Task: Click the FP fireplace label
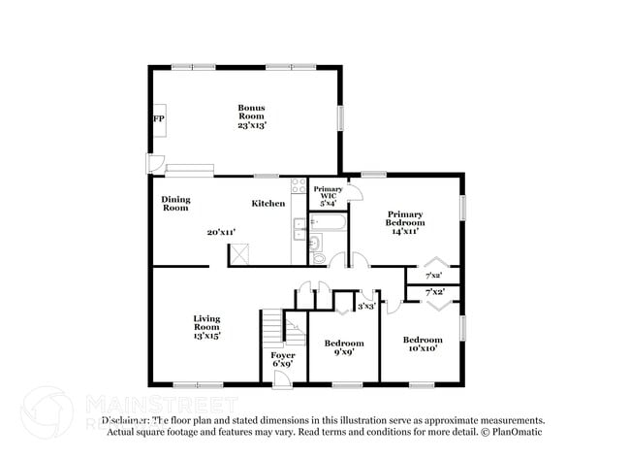coord(158,118)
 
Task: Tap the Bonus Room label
coord(252,112)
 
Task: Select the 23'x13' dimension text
coord(252,125)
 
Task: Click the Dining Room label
coord(175,204)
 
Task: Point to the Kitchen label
coord(268,204)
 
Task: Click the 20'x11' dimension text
coord(221,233)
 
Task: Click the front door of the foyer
coord(280,379)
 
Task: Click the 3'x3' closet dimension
coord(366,307)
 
